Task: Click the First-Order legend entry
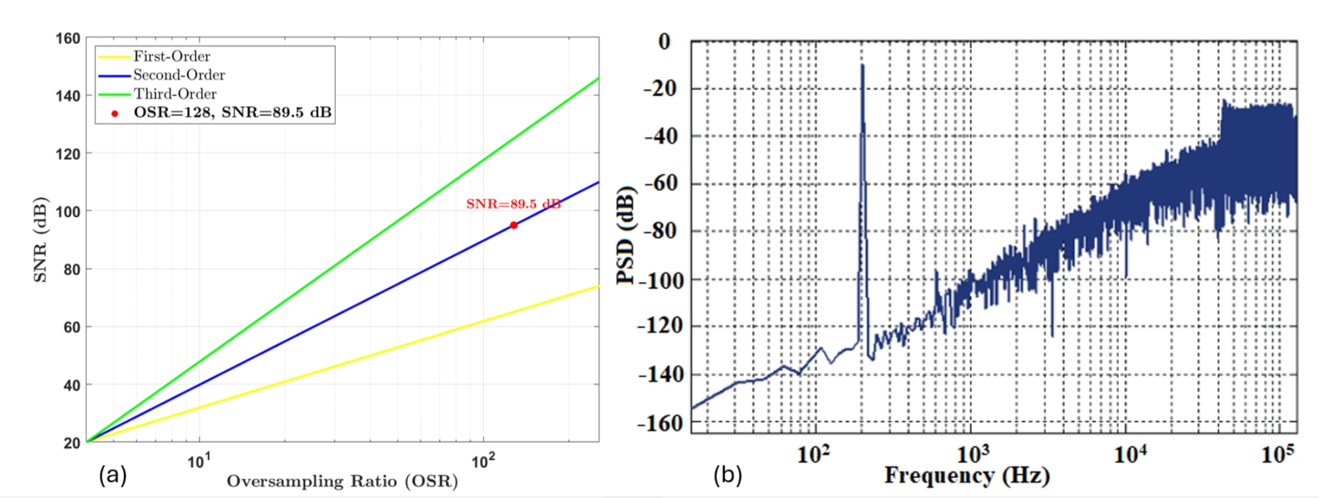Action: [x=171, y=57]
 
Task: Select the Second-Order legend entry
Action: [x=178, y=75]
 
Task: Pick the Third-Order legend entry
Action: [x=175, y=94]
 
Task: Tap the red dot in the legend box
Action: [x=115, y=113]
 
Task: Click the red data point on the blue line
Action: [x=514, y=225]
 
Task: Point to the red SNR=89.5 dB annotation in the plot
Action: [x=513, y=204]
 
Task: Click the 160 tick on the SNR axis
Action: [x=68, y=39]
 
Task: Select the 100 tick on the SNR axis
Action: [x=68, y=212]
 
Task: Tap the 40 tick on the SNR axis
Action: [x=71, y=385]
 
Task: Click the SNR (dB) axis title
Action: [x=40, y=240]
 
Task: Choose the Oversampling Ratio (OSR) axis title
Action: [x=342, y=482]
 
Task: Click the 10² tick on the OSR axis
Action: [x=483, y=461]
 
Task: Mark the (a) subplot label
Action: [x=112, y=475]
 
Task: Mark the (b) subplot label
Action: [x=727, y=475]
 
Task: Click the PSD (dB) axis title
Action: [x=626, y=236]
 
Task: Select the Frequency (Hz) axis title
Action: [x=967, y=476]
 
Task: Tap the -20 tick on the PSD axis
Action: [x=660, y=88]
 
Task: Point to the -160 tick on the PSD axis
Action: [x=660, y=423]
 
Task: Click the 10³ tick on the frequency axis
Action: [x=973, y=455]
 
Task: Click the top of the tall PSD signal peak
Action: [x=862, y=66]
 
